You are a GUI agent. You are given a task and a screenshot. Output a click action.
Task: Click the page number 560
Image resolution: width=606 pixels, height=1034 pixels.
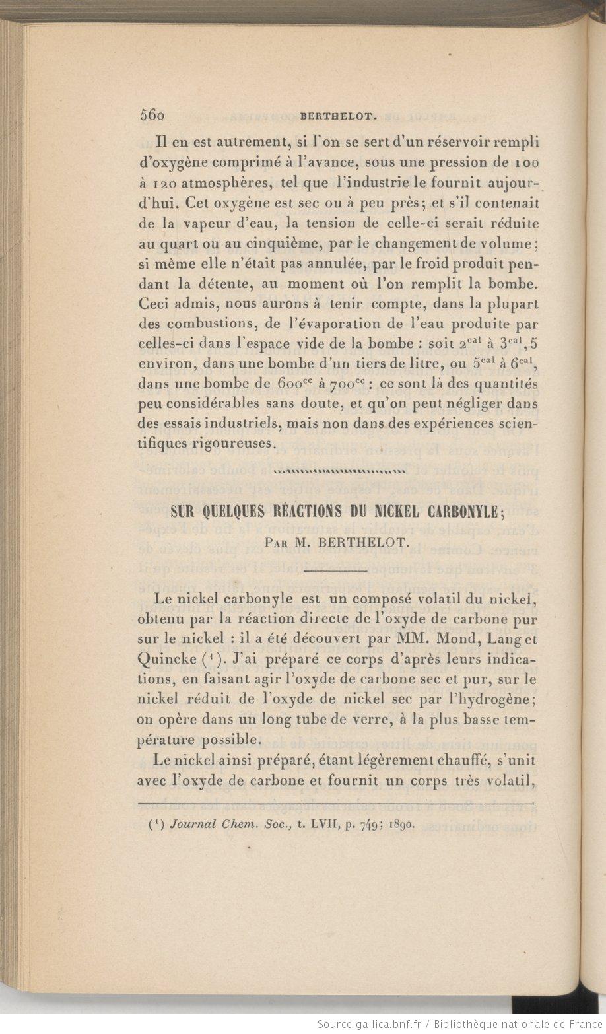152,114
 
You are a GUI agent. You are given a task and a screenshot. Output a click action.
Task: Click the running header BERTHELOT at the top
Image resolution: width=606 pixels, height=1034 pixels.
339,116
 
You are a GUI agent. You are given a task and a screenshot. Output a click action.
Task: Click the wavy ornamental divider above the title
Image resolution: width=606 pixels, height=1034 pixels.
339,471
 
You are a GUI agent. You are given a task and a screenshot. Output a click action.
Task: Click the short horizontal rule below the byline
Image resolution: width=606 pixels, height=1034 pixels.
337,570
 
